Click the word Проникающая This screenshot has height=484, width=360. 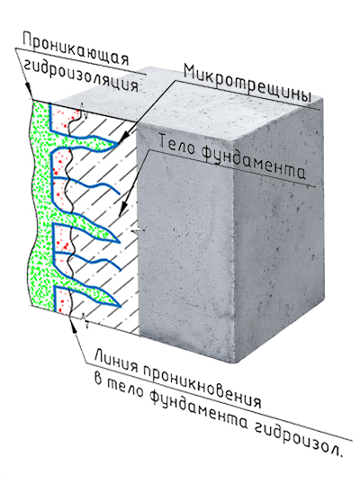76,49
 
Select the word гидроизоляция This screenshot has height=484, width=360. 81,76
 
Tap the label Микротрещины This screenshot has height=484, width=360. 247,83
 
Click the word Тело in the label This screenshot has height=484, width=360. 177,144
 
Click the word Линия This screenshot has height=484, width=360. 116,361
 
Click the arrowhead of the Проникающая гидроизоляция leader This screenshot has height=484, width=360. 29,90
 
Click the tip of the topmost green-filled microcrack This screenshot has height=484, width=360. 119,143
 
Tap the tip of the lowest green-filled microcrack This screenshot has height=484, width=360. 121,306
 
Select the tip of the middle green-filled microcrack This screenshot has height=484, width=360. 119,242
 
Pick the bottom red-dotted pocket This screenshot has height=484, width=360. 62,300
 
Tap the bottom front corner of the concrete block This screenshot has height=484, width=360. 235,363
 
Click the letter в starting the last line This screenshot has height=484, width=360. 98,379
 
